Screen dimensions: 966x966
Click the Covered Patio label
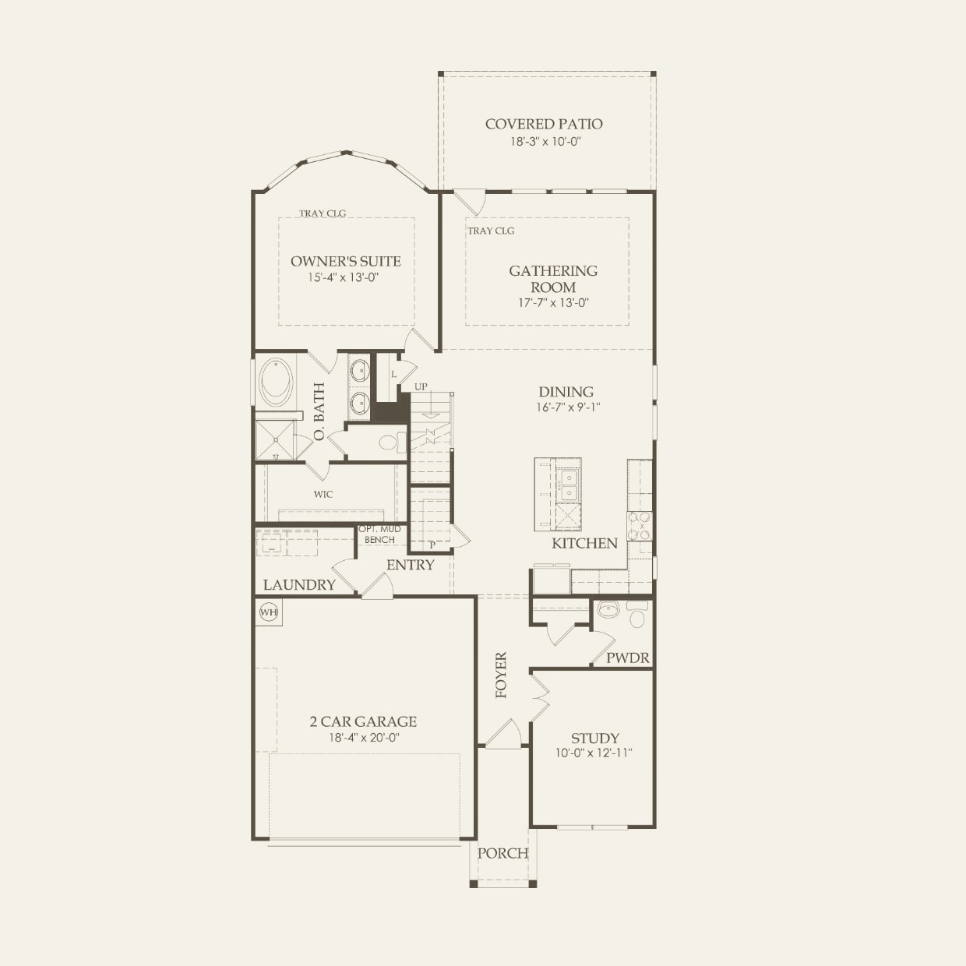(544, 124)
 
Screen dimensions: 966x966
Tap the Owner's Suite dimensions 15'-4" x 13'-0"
(345, 277)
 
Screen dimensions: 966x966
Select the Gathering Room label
(553, 279)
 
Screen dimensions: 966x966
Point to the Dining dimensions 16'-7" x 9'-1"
(566, 407)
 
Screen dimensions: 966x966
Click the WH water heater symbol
(269, 612)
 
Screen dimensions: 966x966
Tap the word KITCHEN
(584, 543)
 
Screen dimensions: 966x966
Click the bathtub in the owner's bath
(277, 382)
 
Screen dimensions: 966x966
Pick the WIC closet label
(323, 494)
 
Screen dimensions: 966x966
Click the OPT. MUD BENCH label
(380, 534)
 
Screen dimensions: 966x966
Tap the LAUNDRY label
(299, 584)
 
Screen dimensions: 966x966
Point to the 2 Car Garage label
(363, 721)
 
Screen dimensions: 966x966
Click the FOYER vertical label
(501, 675)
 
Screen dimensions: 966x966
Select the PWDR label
(628, 658)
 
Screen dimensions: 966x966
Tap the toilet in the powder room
(637, 619)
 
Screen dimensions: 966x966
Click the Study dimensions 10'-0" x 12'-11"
(594, 753)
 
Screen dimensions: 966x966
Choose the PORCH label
(502, 853)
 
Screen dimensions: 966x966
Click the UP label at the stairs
(421, 386)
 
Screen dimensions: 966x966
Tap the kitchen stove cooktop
(639, 525)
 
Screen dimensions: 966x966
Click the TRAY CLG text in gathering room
(491, 231)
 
